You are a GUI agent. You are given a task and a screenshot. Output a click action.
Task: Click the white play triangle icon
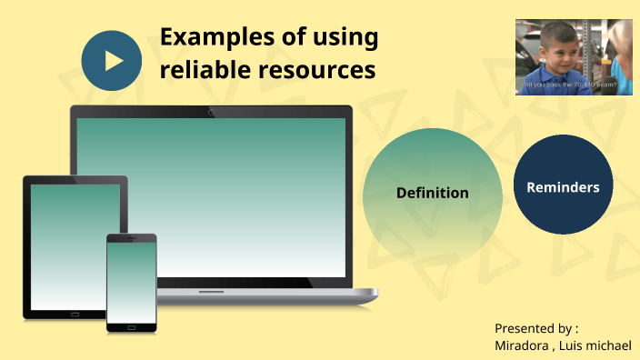[x=113, y=60]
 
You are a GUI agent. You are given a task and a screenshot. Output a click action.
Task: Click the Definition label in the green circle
[x=433, y=193]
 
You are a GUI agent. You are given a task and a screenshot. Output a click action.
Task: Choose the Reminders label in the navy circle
[x=563, y=187]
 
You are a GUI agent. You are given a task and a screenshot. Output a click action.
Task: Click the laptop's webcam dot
[x=212, y=113]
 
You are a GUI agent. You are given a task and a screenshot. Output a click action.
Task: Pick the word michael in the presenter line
[x=613, y=345]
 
